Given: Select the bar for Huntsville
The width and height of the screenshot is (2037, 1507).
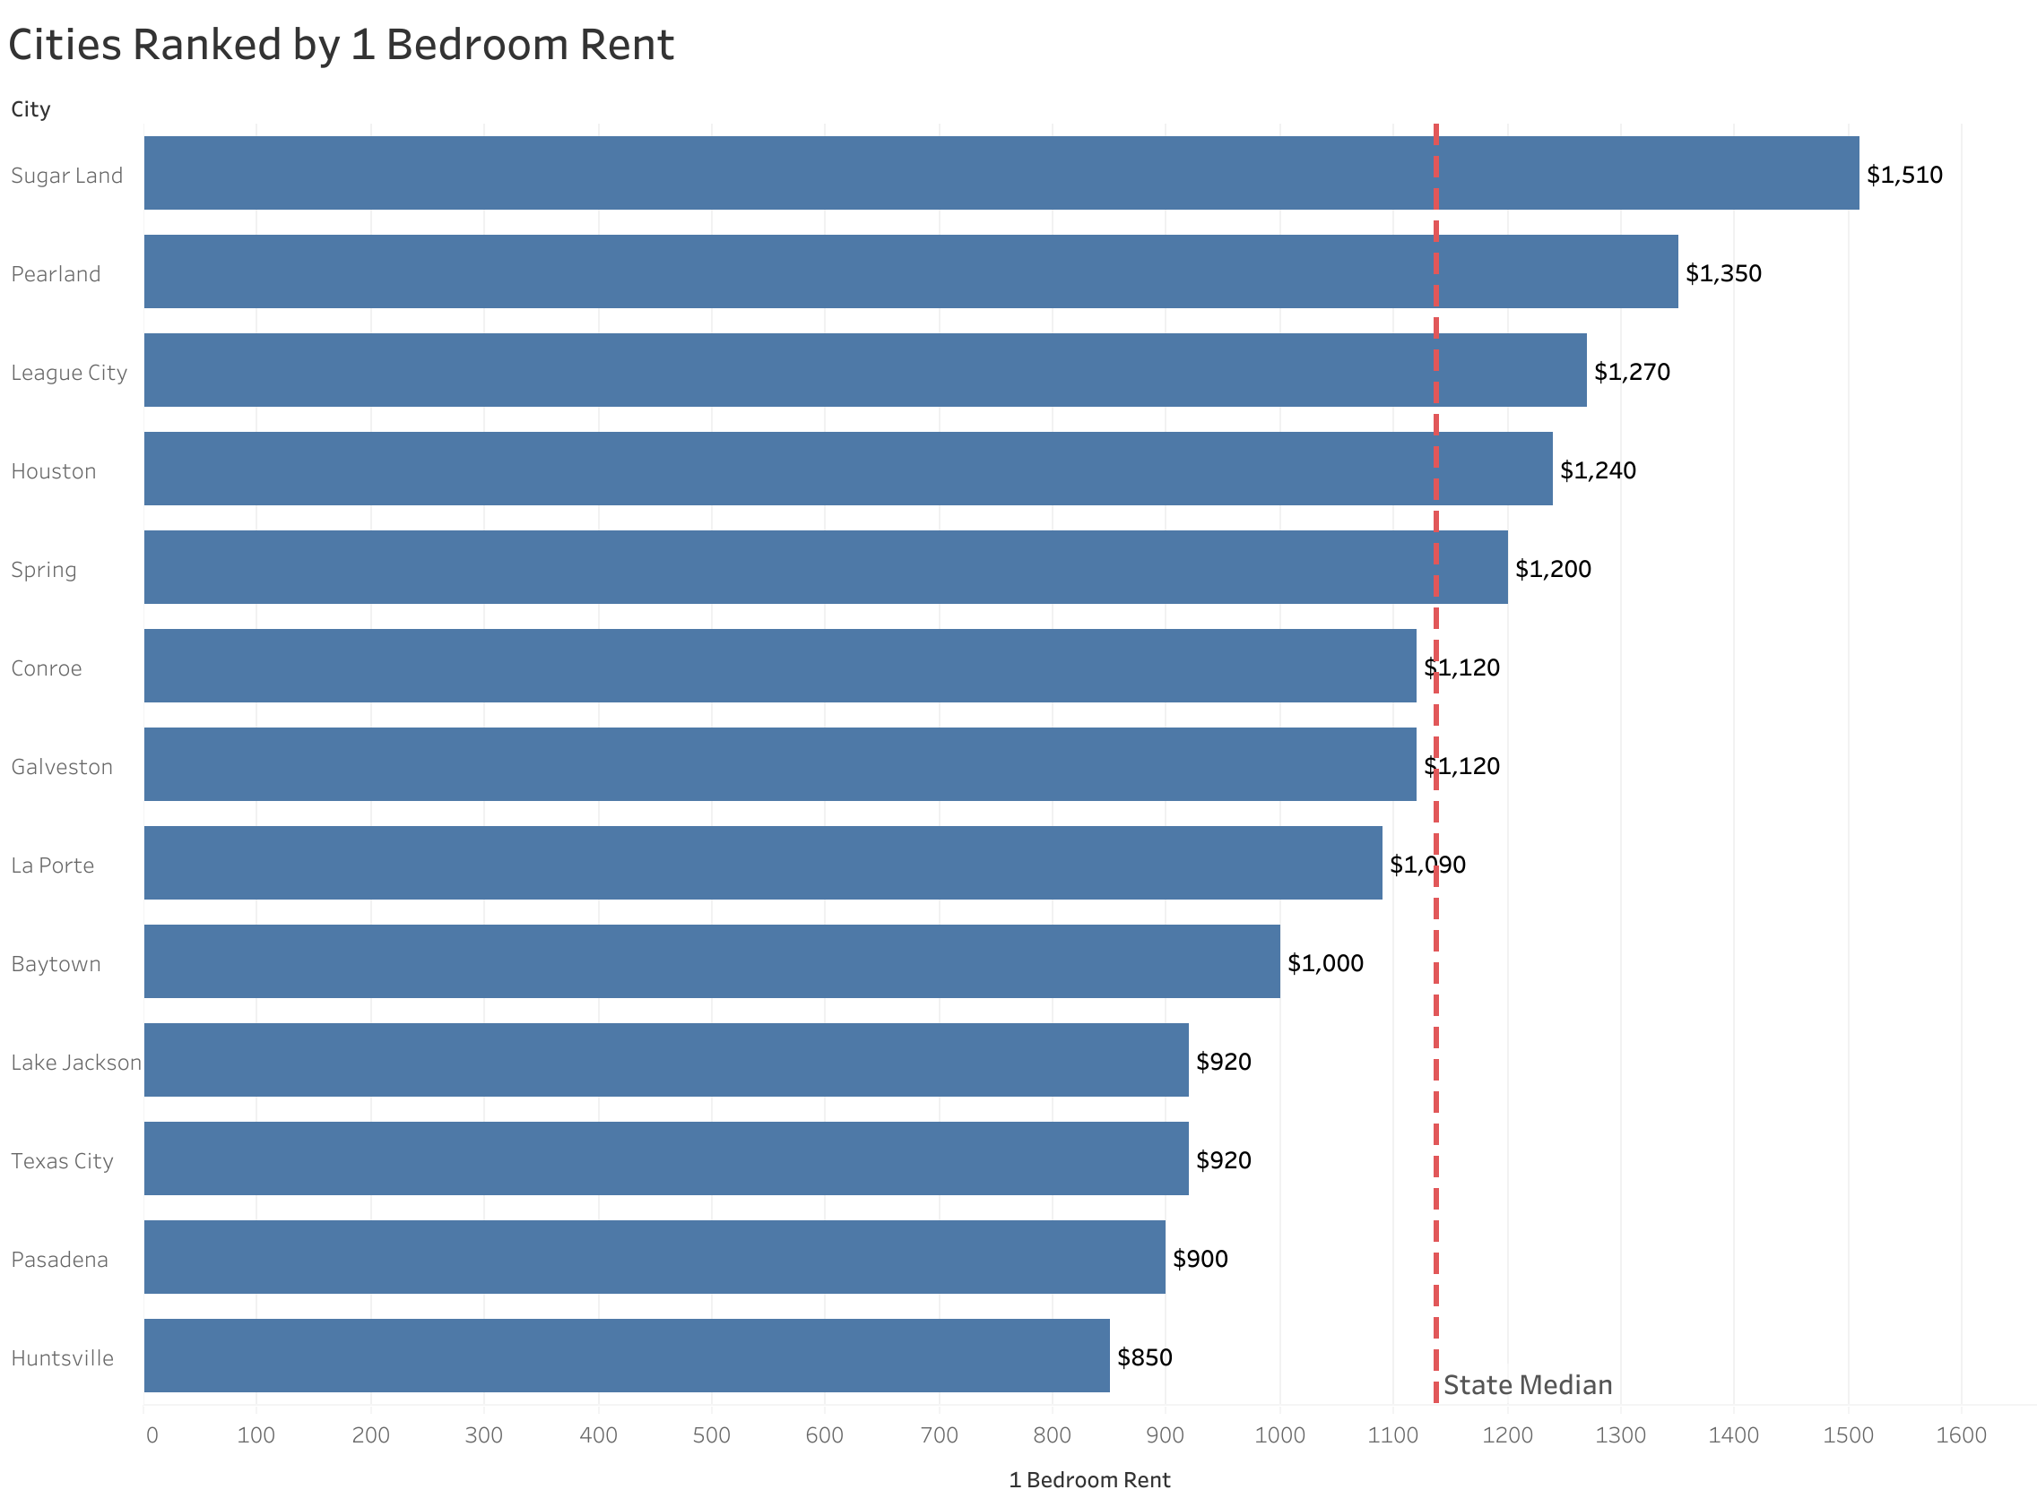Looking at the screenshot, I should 626,1356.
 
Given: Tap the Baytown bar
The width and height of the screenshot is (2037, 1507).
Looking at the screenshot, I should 712,961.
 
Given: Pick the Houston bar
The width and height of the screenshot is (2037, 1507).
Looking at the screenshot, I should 847,469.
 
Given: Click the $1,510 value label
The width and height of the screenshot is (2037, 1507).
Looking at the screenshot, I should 1903,175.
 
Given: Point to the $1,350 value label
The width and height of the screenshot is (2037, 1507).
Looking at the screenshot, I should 1722,273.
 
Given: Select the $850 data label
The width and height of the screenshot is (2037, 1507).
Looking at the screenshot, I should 1144,1357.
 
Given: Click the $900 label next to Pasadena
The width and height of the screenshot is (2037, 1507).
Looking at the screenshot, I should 1200,1259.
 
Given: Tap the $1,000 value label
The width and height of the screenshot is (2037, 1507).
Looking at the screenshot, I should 1324,963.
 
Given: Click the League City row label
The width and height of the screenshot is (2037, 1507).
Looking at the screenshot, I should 69,372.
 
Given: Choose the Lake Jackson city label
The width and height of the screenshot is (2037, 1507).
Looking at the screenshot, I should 75,1062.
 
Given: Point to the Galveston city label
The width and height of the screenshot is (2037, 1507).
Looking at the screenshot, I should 62,766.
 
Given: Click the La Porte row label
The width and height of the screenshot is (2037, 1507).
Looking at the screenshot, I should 53,865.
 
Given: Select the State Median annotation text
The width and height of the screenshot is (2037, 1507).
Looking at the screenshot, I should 1527,1385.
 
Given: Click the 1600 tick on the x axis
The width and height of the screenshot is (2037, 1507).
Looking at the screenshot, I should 1960,1435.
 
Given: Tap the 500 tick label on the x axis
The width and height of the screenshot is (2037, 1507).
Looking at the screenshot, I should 711,1435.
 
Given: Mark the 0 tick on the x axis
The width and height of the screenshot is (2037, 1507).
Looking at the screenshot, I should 152,1435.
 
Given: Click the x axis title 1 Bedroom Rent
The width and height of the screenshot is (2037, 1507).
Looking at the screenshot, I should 1088,1479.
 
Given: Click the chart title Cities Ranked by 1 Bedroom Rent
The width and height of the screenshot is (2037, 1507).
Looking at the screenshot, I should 341,46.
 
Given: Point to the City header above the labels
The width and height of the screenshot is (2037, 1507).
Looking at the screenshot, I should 31,109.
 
